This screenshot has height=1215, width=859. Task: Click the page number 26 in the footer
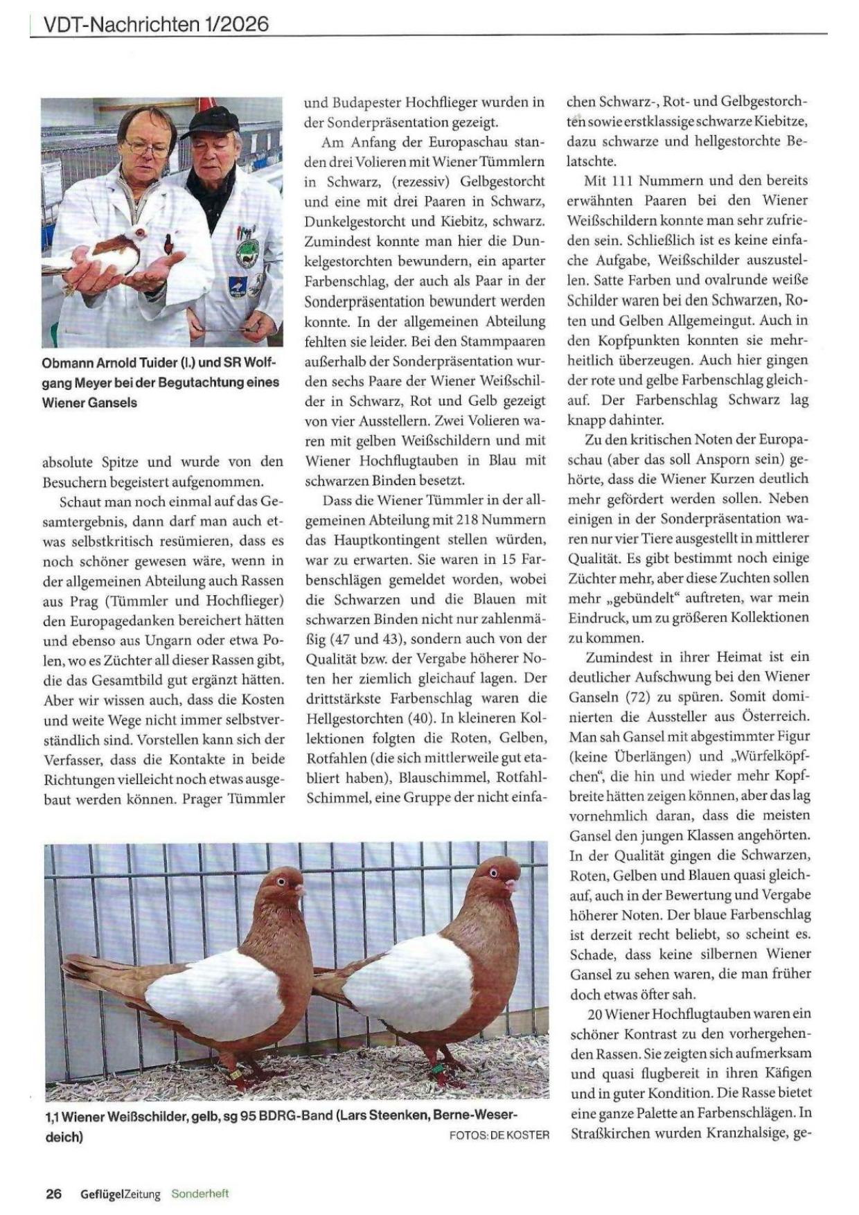click(53, 1194)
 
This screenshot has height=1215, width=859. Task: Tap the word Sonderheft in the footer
click(200, 1194)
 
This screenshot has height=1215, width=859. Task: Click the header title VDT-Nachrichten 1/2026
click(156, 24)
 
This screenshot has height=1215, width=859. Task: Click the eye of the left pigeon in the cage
click(281, 881)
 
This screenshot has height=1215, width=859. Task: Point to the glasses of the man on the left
click(148, 147)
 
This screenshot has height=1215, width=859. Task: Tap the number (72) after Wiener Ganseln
click(639, 696)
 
